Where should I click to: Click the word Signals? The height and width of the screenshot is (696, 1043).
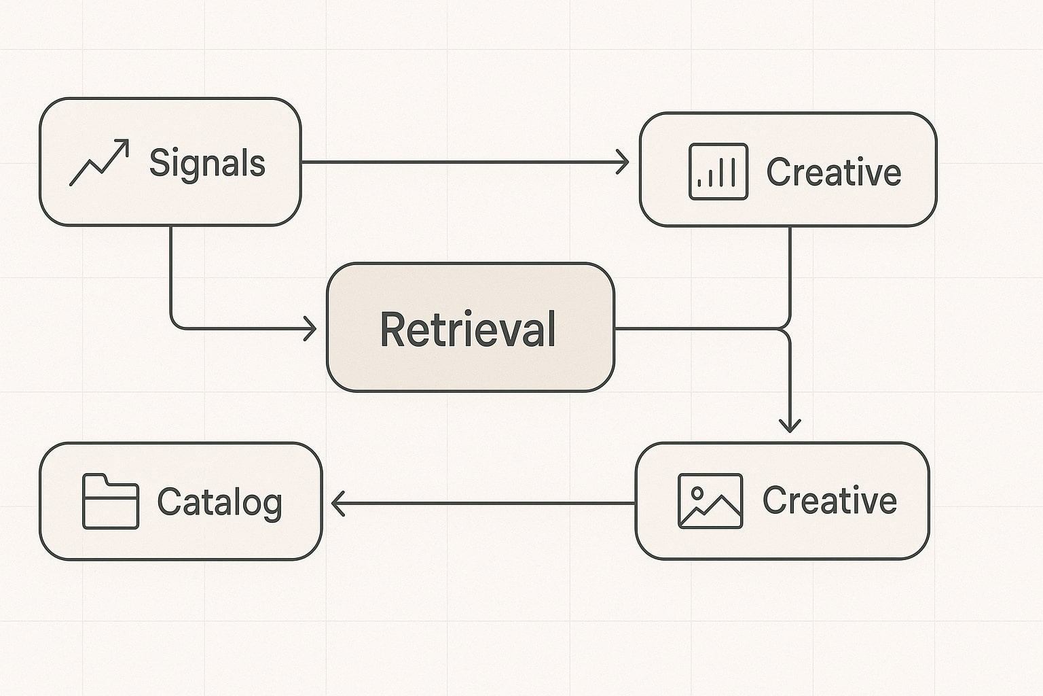[206, 164]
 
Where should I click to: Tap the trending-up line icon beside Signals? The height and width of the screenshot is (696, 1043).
[99, 163]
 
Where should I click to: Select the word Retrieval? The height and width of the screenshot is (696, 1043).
[468, 329]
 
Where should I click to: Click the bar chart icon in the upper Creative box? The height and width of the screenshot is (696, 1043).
[718, 171]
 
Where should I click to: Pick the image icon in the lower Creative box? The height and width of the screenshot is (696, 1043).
[710, 501]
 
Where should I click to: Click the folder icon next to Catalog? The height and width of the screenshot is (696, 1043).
[110, 502]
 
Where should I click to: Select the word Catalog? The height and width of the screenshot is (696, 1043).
[219, 503]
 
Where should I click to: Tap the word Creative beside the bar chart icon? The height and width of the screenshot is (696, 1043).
[833, 172]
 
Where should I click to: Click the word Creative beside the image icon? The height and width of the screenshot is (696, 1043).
[829, 501]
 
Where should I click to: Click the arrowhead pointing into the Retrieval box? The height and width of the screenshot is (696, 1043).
[311, 329]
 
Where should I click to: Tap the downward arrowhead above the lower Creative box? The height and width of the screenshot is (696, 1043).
[789, 426]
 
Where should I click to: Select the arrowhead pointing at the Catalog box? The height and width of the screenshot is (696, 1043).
[337, 504]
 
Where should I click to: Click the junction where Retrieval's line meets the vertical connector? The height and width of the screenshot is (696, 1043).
[788, 330]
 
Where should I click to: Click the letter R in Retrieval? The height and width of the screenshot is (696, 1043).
[390, 330]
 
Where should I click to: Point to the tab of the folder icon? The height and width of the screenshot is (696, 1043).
[95, 479]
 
